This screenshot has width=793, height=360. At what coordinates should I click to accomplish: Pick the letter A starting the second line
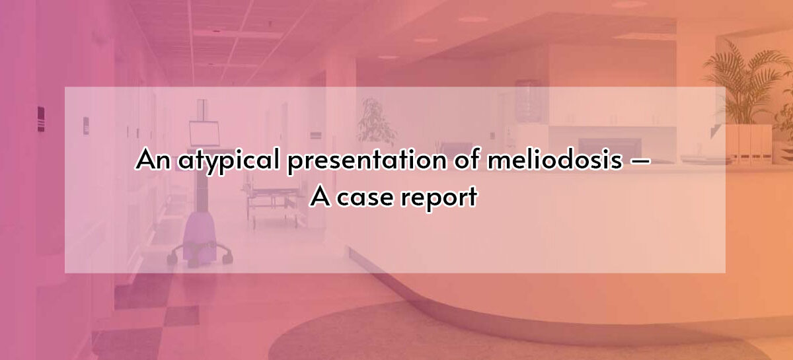[321, 196]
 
